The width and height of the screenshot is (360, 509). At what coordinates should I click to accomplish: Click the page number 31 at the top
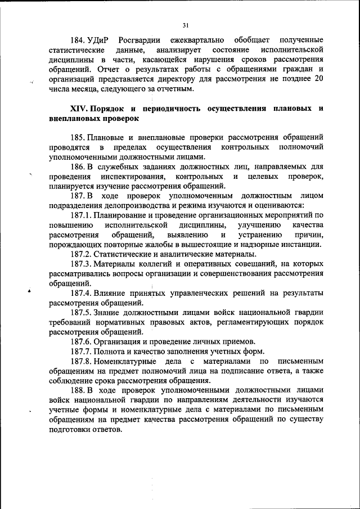pyautogui.click(x=185, y=25)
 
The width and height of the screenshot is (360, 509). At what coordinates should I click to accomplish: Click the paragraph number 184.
pyautogui.click(x=77, y=40)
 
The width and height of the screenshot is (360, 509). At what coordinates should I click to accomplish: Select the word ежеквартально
pyautogui.click(x=198, y=40)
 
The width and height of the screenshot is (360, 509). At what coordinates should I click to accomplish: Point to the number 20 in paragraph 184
pyautogui.click(x=319, y=78)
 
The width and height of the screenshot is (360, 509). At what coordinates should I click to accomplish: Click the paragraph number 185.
pyautogui.click(x=77, y=137)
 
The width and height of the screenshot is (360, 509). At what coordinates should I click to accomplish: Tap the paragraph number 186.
pyautogui.click(x=77, y=167)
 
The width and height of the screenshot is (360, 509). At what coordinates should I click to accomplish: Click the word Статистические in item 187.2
pyautogui.click(x=122, y=254)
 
